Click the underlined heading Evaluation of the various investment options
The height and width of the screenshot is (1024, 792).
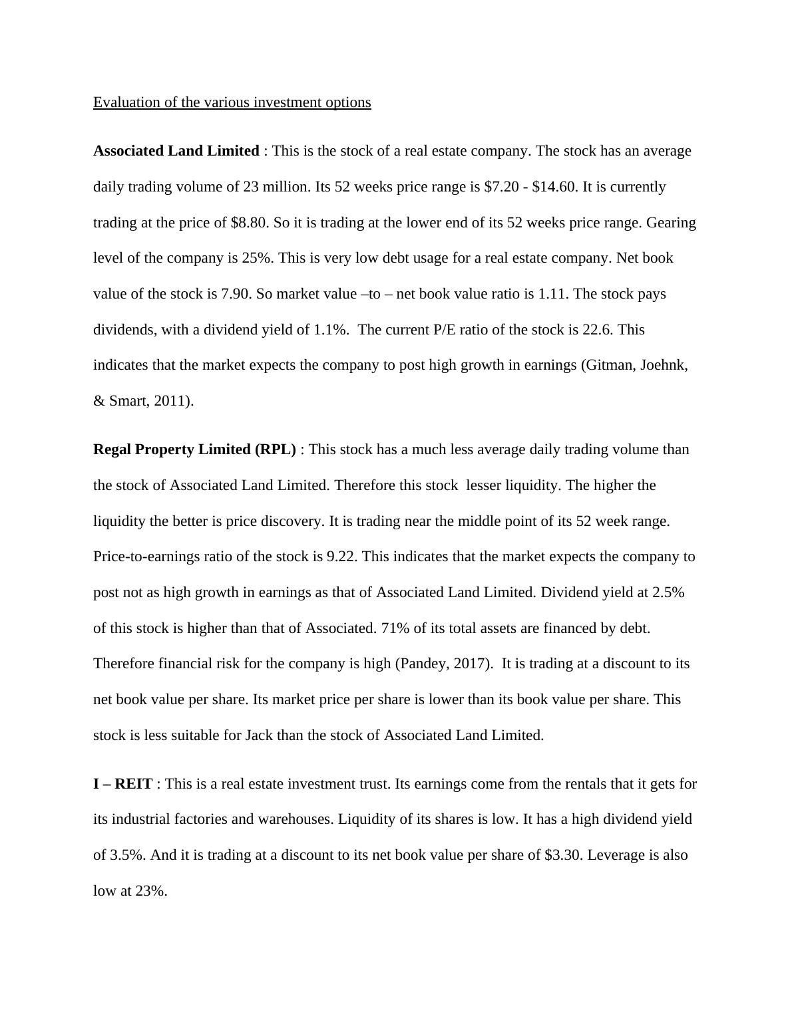click(x=232, y=102)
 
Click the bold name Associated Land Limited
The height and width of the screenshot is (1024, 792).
click(x=176, y=151)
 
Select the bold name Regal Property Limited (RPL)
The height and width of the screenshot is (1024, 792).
click(x=194, y=449)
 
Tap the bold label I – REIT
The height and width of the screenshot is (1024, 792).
click(x=122, y=784)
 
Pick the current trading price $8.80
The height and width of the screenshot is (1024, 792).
click(x=250, y=223)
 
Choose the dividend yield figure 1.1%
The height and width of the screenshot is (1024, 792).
click(x=331, y=330)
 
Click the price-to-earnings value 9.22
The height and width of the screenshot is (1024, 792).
click(x=341, y=557)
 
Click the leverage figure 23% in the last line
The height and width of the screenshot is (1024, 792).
click(x=150, y=891)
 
